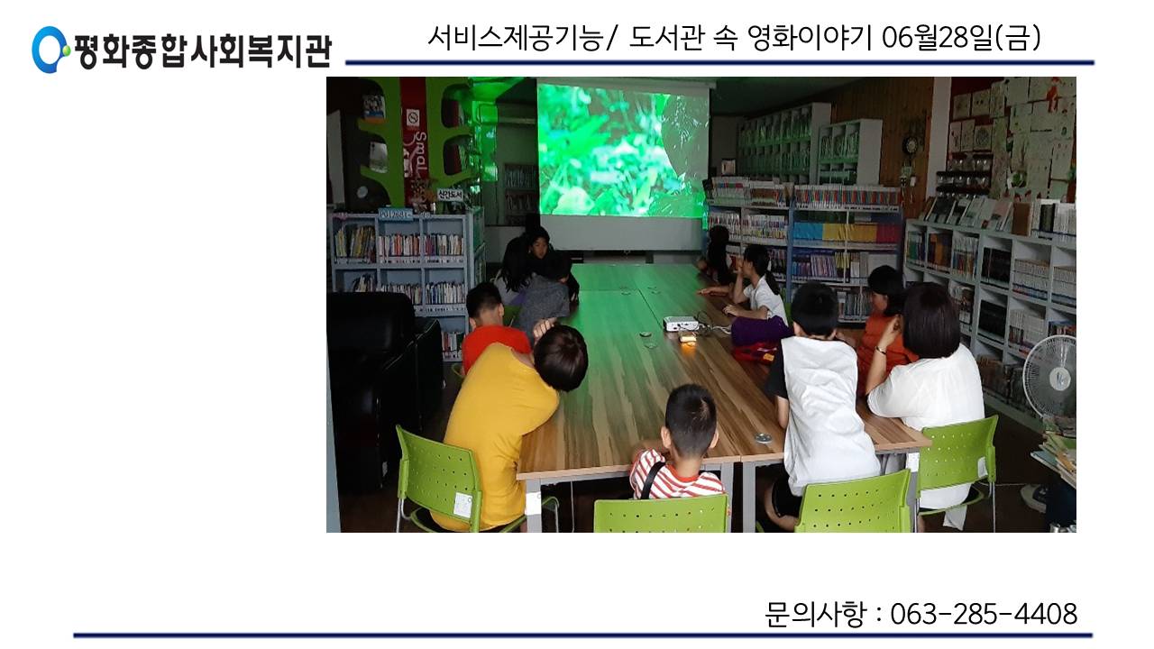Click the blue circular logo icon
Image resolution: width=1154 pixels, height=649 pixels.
50,50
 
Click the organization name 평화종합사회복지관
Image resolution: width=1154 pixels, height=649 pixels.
203,50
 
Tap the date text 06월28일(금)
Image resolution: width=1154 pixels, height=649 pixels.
961,38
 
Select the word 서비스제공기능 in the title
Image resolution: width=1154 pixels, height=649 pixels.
516,38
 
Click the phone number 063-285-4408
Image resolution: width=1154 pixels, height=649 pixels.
984,614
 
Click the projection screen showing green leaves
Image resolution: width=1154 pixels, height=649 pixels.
623,150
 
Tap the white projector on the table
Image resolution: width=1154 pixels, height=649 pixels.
681,324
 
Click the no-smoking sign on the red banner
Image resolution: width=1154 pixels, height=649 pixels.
413,119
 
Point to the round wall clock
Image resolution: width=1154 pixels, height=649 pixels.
911,145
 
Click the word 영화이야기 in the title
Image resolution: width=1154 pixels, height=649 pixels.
810,38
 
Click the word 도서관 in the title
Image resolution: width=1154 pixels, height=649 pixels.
666,38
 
